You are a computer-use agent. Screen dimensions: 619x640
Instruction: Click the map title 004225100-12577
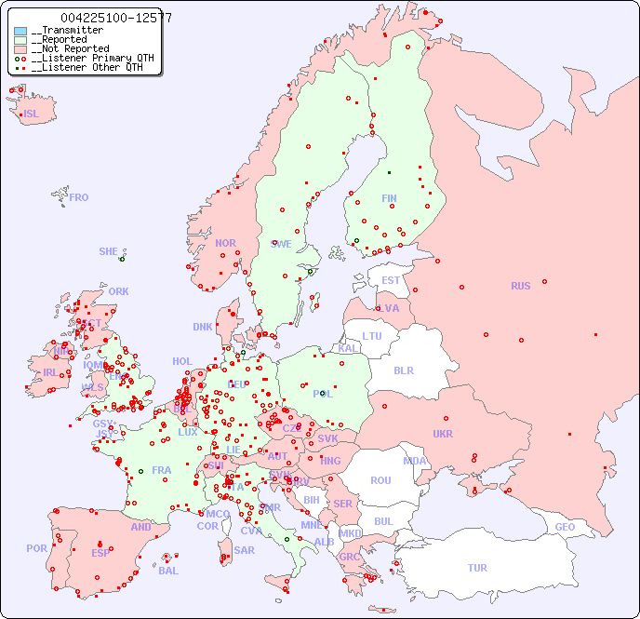pos(115,18)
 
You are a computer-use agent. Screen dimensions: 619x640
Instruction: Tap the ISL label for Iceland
pos(32,114)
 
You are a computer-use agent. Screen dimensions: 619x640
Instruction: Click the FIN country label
pos(389,198)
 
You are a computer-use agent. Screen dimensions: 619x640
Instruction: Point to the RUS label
pos(520,286)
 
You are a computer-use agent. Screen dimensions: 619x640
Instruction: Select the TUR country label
pos(477,568)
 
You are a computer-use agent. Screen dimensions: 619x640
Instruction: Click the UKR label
pos(443,434)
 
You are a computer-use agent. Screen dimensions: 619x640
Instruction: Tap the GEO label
pos(565,527)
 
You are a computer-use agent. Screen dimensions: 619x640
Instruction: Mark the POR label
pos(36,548)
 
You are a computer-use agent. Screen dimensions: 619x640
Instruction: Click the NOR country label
pos(225,243)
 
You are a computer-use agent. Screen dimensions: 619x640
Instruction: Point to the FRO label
pos(79,197)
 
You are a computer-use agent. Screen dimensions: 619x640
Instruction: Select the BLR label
pos(403,370)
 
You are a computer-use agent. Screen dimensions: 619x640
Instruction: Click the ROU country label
pos(380,480)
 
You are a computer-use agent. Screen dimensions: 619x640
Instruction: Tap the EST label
pos(391,280)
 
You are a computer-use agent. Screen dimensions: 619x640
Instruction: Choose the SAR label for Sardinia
pos(244,550)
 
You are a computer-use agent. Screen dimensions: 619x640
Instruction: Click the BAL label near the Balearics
pos(168,571)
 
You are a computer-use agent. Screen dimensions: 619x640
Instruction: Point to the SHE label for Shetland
pos(109,251)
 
